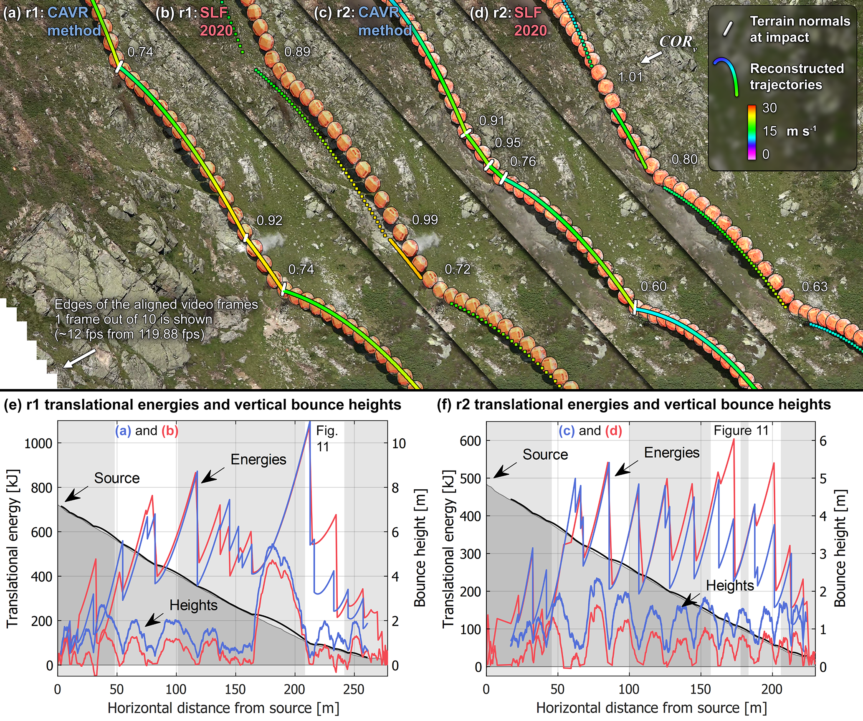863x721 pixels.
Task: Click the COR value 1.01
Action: tap(630, 77)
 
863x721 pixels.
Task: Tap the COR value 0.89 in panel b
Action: tap(297, 52)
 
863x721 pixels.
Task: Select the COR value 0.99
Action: tap(425, 220)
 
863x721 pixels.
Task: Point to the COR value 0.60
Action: tap(654, 287)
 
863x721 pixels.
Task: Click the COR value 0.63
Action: tap(815, 287)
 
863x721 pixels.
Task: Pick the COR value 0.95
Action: tap(508, 143)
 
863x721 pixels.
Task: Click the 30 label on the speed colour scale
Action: tap(769, 108)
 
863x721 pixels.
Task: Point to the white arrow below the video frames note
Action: tap(79, 359)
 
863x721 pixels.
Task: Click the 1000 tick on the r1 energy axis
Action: tap(38, 443)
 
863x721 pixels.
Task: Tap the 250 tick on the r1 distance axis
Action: tap(354, 689)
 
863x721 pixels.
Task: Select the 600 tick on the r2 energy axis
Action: tap(470, 441)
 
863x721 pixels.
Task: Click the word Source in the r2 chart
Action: tap(545, 455)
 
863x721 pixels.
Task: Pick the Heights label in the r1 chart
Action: tap(193, 605)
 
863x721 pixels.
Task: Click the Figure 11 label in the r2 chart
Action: tap(741, 430)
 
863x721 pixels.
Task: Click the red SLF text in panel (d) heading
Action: tap(528, 13)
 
